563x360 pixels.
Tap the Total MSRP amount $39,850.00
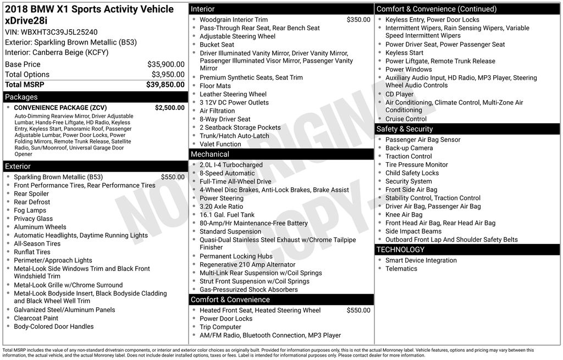click(165, 85)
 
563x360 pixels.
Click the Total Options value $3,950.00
click(168, 75)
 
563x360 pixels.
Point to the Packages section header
click(21, 97)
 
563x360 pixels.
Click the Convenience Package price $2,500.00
click(169, 108)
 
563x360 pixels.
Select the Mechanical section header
click(209, 154)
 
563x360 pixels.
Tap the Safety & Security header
click(404, 129)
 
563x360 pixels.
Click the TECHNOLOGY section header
click(400, 250)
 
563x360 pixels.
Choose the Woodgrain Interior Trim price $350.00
click(358, 20)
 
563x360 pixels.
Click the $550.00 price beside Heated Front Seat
click(358, 311)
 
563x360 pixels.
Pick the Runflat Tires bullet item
click(32, 252)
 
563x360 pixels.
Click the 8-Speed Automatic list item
click(227, 173)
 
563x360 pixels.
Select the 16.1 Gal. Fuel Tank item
click(227, 215)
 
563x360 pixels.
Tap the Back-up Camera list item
click(409, 148)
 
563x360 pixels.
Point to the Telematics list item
click(401, 269)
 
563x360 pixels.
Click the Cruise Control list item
click(406, 119)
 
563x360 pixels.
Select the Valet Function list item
click(220, 144)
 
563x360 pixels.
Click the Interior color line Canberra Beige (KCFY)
click(57, 53)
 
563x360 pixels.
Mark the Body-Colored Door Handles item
click(53, 326)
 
